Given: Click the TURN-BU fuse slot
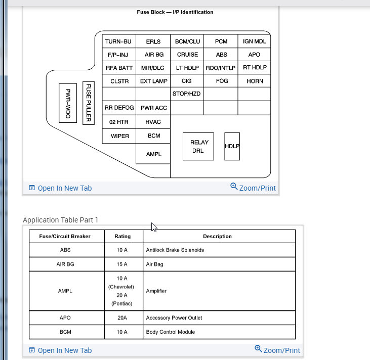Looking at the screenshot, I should [119, 41].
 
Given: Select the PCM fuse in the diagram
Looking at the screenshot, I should [221, 41].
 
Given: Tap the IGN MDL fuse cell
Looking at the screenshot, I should [255, 41].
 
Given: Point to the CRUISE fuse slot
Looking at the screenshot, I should [187, 55].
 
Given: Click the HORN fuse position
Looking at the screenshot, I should [255, 81].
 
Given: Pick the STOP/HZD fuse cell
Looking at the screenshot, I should [187, 94].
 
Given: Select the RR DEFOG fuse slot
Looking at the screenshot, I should [119, 108].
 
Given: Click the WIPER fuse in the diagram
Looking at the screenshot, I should [119, 136].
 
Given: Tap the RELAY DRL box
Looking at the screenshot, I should [198, 147].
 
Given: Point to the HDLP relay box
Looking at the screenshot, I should [232, 147].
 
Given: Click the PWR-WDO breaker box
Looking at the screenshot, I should [68, 103].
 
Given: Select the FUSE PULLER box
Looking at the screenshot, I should [89, 103].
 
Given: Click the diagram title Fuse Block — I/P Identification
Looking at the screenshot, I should [175, 12].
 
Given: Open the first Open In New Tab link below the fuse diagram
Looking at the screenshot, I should [60, 188].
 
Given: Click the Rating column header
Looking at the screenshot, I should [122, 236].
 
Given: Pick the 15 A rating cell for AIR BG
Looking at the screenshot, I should [122, 264].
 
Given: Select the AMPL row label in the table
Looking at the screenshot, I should [66, 291].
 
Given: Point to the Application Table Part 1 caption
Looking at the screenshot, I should [61, 220].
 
